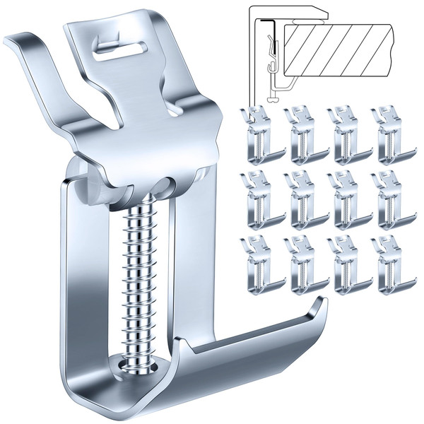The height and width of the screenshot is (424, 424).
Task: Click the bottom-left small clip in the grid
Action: [261, 265]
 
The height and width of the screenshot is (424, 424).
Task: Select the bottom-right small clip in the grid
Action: [392, 265]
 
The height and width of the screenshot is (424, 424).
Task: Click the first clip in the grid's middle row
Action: [261, 200]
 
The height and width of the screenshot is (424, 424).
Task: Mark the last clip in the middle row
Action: [392, 200]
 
